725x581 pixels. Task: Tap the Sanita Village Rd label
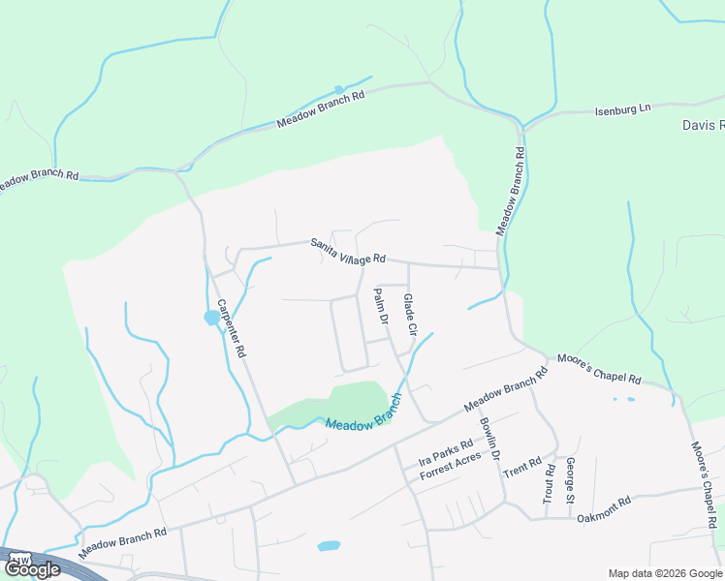pos(349,252)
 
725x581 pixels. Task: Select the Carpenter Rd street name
pos(235,328)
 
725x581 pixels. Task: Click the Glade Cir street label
pos(410,316)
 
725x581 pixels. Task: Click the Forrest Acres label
pos(450,469)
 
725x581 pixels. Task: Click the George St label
pos(571,481)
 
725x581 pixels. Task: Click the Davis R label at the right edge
pos(703,126)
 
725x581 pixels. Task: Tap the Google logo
pos(31,569)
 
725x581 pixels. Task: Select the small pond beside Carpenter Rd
pos(211,317)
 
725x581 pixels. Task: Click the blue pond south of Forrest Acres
pos(329,546)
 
